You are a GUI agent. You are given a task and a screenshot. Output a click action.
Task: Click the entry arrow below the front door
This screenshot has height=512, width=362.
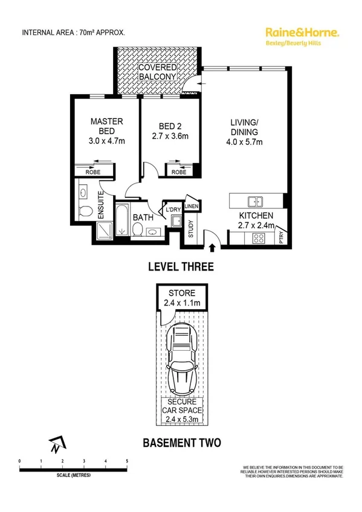[x=212, y=246]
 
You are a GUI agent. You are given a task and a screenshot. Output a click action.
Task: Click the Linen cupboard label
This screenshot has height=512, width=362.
[x=192, y=207]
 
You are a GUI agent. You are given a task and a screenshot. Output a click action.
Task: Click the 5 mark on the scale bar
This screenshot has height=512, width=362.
[x=127, y=461]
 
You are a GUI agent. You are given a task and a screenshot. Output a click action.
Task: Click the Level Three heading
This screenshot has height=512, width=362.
[x=181, y=266]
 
